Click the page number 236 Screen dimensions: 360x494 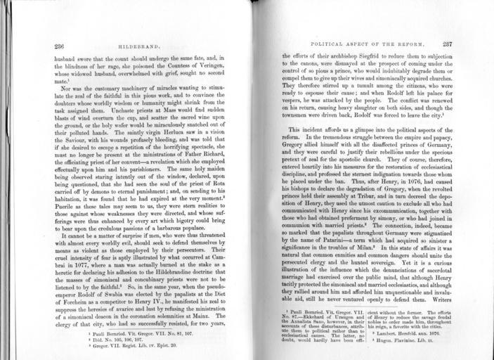pos(60,46)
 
